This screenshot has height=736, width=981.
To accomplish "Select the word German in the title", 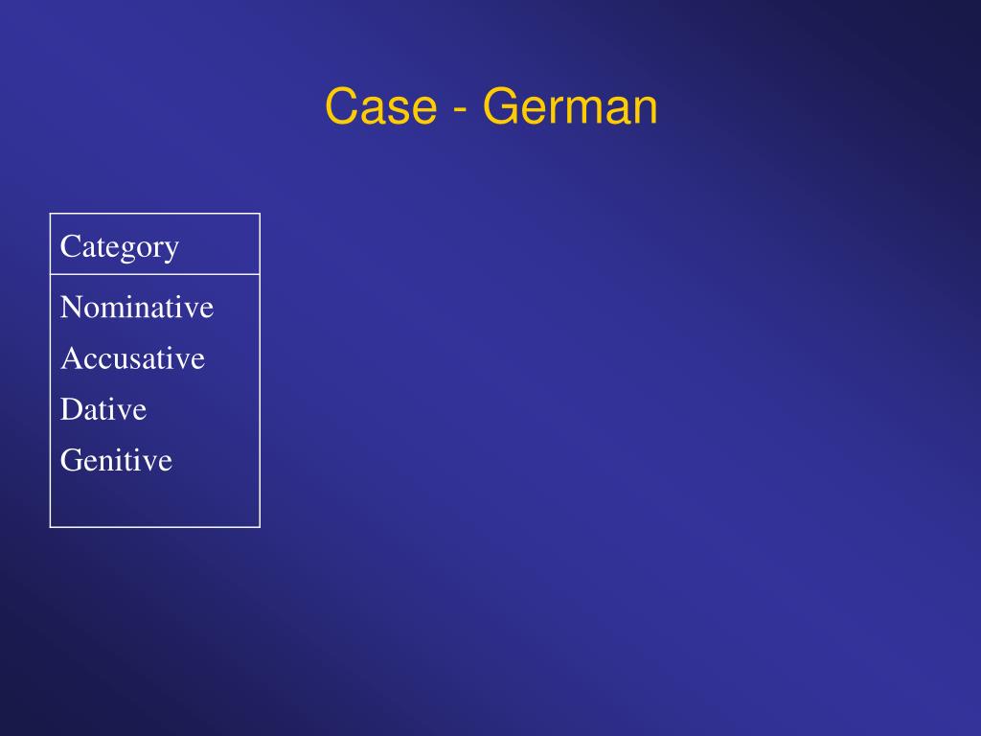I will [570, 106].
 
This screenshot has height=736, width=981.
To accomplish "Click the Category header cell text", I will [120, 247].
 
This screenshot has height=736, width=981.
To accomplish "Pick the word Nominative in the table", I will [137, 308].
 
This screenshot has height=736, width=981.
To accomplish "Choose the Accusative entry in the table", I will [132, 358].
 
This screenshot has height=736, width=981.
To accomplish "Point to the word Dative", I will [103, 409].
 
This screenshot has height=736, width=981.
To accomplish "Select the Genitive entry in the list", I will [116, 460].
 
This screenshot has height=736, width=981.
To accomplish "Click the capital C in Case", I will [341, 106].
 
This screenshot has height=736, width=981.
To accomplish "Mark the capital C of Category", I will [69, 246].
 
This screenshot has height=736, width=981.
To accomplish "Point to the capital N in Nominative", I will [71, 308].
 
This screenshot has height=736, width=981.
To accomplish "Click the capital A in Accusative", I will [70, 358].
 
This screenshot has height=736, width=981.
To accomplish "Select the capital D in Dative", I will [70, 409].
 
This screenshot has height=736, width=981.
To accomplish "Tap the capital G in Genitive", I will [70, 460].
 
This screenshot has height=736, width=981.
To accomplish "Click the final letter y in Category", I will [171, 251].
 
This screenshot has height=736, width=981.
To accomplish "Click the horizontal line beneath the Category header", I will [155, 274].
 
